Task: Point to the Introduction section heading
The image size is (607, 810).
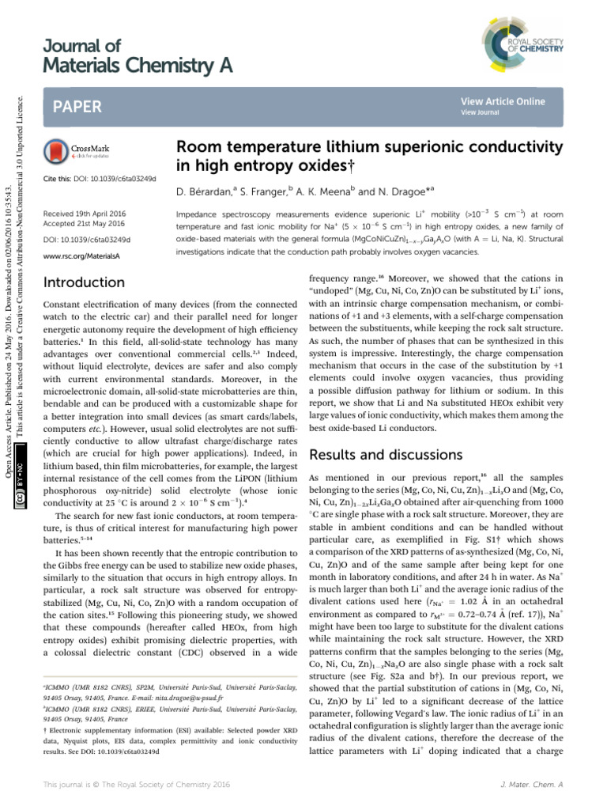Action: (x=85, y=282)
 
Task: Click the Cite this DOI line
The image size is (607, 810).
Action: (x=98, y=177)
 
